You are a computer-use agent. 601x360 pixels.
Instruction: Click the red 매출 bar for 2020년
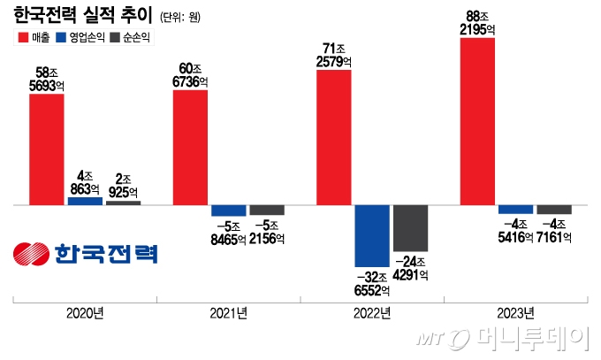(x=47, y=149)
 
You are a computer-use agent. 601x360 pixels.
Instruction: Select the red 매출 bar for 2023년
(x=477, y=121)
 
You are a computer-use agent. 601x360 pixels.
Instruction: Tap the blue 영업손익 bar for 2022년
(x=372, y=235)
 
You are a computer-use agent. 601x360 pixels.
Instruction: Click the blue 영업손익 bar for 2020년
(x=85, y=201)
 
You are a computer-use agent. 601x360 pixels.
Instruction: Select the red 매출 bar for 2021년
(x=190, y=147)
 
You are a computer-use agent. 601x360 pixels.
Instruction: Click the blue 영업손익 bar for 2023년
(x=515, y=210)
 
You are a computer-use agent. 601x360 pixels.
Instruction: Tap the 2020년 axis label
(x=86, y=313)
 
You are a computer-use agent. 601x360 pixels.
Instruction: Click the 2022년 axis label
(x=372, y=313)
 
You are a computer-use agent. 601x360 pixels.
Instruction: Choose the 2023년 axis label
(x=515, y=313)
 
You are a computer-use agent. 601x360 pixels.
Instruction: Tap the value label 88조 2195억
(x=477, y=23)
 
